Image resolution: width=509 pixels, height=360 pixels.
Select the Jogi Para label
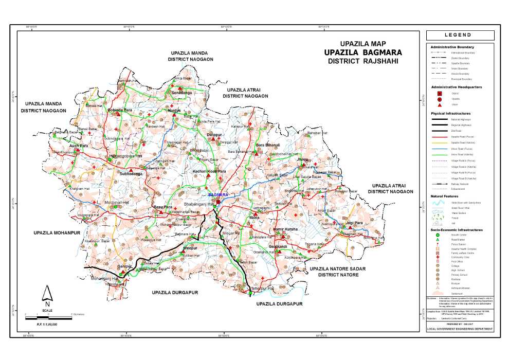pos(355,223)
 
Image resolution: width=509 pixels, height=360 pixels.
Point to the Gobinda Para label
pos(120,110)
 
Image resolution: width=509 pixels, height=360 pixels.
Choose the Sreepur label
pos(190,248)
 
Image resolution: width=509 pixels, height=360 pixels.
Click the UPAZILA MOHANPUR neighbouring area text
pos(58,233)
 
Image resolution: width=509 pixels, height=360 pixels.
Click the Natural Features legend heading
pos(445,197)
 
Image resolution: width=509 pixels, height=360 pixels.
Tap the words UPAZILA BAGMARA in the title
pos(363,52)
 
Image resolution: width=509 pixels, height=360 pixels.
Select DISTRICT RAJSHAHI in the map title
pos(363,61)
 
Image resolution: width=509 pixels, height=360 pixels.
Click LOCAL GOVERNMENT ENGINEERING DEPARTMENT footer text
pos(460,329)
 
